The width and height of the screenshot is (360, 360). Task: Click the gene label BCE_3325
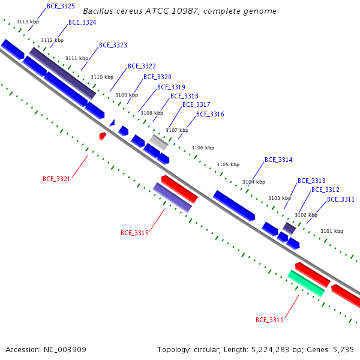61,6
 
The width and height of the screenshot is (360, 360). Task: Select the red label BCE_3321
56,179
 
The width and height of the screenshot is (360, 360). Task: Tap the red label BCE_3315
135,233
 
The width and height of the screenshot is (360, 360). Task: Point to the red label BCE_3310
270,320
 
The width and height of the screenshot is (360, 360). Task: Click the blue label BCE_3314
278,160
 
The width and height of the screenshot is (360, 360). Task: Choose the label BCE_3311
341,199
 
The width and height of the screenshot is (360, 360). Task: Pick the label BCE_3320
157,77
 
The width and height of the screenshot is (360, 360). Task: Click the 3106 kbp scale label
203,148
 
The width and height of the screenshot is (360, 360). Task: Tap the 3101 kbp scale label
332,231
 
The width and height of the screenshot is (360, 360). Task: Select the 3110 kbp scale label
102,77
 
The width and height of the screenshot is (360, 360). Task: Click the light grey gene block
159,143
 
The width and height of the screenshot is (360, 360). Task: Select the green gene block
306,284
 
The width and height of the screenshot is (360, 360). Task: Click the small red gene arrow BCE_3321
103,136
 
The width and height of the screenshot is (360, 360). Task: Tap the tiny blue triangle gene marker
112,123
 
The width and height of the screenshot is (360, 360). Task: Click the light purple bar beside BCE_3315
172,197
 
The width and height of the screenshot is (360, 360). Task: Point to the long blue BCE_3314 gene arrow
234,206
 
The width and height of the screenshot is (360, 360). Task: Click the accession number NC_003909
65,350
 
